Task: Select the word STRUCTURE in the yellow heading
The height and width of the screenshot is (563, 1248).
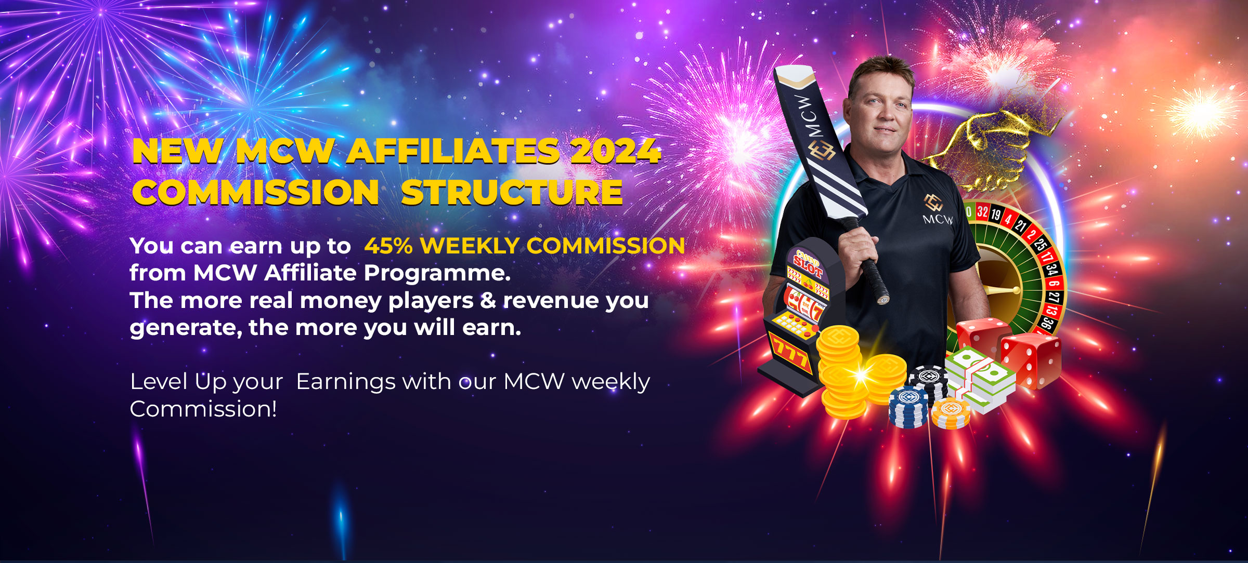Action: [512, 192]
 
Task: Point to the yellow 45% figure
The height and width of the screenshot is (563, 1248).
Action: [388, 246]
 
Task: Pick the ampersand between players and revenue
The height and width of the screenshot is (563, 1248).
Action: [488, 300]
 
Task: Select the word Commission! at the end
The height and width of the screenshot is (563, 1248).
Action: [203, 409]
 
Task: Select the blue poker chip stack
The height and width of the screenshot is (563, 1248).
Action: [908, 408]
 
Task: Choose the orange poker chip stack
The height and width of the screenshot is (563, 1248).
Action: [951, 413]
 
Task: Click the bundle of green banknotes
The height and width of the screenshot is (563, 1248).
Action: [980, 379]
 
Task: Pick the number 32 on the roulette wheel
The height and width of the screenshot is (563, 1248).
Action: [982, 211]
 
